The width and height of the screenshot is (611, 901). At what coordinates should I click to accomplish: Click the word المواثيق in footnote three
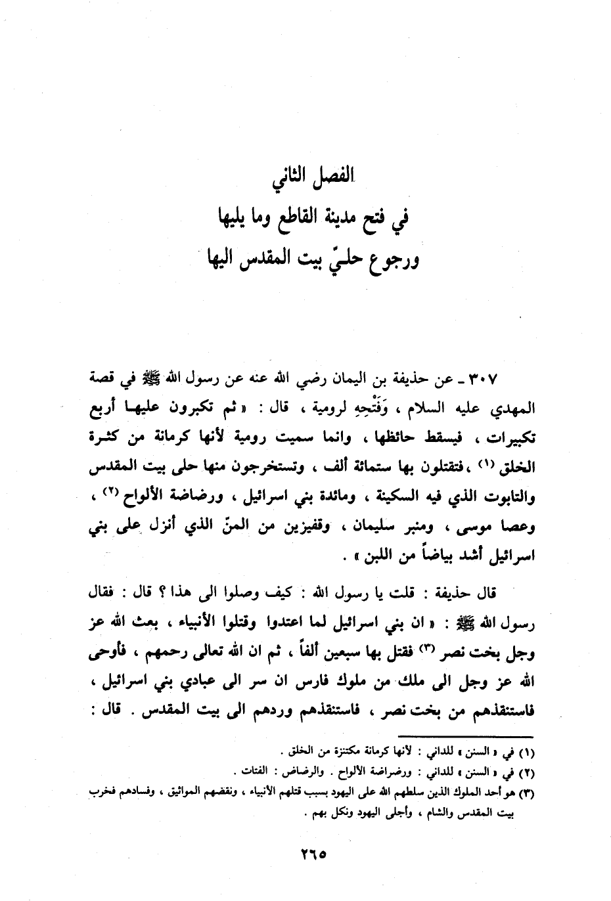[x=169, y=793]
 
